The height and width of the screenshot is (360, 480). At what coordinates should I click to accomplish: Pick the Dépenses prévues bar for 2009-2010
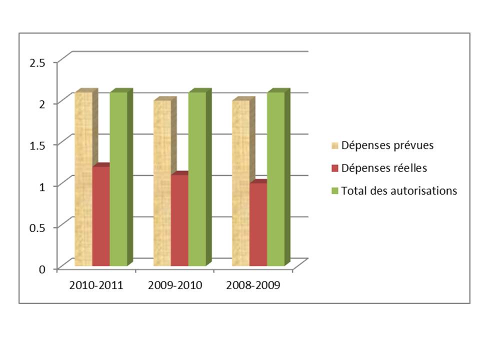point(162,183)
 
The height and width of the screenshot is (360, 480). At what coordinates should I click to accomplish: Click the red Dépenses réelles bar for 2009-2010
point(179,220)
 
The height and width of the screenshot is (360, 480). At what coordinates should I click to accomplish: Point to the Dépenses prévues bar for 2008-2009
point(240,183)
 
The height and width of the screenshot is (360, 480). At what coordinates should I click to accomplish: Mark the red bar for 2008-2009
point(258,224)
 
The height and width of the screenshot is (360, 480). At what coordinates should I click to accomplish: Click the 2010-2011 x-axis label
point(96,286)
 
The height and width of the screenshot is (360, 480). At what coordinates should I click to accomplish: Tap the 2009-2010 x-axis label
point(175,286)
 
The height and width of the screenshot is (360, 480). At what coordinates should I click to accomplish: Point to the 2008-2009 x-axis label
point(253,286)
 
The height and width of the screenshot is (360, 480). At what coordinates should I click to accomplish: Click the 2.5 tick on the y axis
point(37,62)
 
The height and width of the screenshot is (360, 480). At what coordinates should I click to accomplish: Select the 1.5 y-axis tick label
point(37,145)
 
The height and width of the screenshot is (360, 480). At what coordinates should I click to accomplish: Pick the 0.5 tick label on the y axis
point(37,227)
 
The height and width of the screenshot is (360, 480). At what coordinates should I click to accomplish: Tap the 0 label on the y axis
point(42,269)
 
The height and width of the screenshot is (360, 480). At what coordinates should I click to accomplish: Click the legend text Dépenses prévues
point(387,146)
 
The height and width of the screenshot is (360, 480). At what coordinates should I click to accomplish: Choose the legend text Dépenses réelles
point(384,168)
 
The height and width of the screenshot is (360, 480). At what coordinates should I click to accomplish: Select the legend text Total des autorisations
point(399,190)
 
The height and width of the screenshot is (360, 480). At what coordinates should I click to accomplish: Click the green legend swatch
point(335,190)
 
